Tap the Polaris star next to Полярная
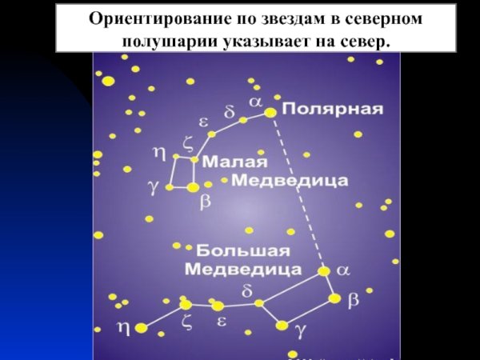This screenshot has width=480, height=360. (270, 113)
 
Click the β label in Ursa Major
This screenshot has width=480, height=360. (354, 299)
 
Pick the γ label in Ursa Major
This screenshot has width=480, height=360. (300, 328)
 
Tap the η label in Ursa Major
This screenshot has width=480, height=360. (123, 326)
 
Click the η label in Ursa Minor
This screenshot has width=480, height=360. (158, 151)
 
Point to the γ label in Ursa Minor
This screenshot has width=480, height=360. (154, 187)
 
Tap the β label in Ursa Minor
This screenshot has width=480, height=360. (205, 203)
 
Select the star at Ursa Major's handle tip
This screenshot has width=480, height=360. (142, 327)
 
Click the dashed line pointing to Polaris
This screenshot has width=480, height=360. (298, 192)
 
